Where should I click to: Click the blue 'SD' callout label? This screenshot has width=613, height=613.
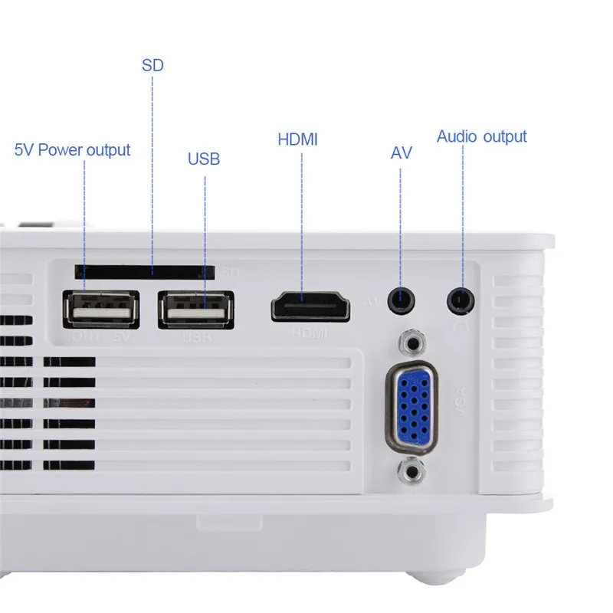pos(152,64)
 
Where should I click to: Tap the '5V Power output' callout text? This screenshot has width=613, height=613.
pos(73,149)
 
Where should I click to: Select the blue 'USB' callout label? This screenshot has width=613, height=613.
pos(204,159)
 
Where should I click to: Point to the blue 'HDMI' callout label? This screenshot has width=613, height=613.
pos(297,139)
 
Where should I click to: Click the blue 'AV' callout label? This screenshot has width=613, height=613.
pos(401,152)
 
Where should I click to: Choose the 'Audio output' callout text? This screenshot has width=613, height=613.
pos(482,137)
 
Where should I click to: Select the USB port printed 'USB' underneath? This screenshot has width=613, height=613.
pos(195,309)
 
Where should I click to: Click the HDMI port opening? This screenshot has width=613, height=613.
pos(312,306)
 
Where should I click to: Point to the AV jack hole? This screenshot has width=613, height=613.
pos(399,298)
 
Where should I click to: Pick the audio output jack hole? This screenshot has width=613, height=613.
pos(461,298)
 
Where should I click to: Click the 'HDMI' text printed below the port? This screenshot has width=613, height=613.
pos(310,333)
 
